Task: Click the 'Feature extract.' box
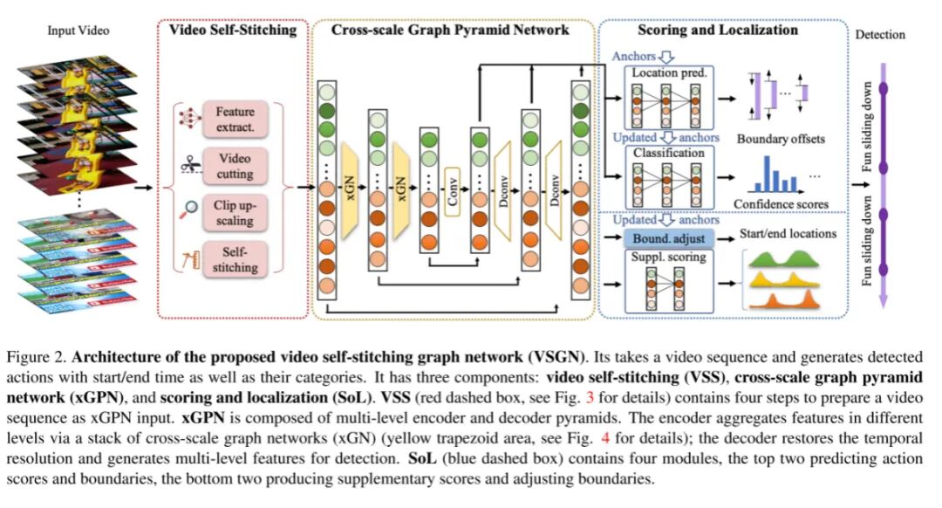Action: [x=235, y=120]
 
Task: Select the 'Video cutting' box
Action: [x=235, y=167]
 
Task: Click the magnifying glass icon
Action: [x=187, y=210]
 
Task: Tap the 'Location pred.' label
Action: [x=670, y=73]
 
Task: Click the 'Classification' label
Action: [x=670, y=154]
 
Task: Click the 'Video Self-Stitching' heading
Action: [x=235, y=30]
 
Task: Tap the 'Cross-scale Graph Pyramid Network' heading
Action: [x=450, y=30]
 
